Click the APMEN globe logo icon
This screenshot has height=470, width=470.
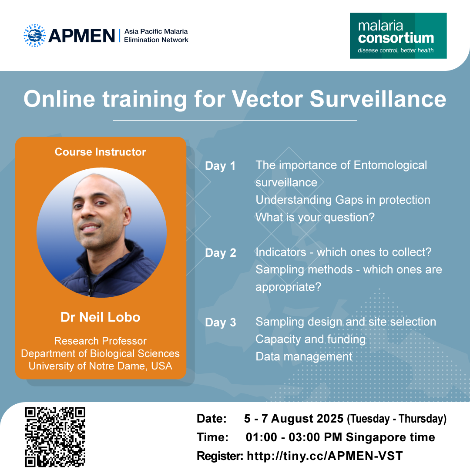pyautogui.click(x=35, y=35)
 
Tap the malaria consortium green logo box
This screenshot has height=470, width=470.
pyautogui.click(x=398, y=36)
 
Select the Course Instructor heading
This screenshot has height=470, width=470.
pyautogui.click(x=100, y=152)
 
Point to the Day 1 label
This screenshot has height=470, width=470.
pyautogui.click(x=220, y=166)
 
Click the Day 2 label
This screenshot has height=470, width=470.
pyautogui.click(x=220, y=253)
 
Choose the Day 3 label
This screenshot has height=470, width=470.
pyautogui.click(x=220, y=322)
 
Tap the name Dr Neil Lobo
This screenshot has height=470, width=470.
pyautogui.click(x=101, y=317)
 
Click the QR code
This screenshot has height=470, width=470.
pyautogui.click(x=55, y=437)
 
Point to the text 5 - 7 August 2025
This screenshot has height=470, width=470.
pyautogui.click(x=293, y=419)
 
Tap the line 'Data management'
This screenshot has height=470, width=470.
pyautogui.click(x=304, y=357)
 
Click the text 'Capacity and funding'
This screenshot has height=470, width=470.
pyautogui.click(x=311, y=339)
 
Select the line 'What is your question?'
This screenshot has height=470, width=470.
pyautogui.click(x=315, y=217)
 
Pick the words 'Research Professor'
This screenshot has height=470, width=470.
pyautogui.click(x=101, y=341)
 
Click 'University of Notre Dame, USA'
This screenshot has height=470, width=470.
pyautogui.click(x=101, y=366)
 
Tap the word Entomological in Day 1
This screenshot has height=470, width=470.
pyautogui.click(x=390, y=165)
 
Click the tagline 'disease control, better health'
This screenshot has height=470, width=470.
pyautogui.click(x=395, y=50)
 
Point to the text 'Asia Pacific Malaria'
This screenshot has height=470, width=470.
pyautogui.click(x=156, y=31)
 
